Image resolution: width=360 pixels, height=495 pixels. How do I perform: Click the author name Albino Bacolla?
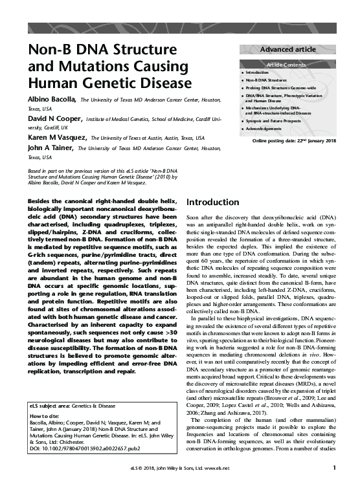[x=52, y=100]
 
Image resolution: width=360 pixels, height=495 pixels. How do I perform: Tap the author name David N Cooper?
[x=55, y=119]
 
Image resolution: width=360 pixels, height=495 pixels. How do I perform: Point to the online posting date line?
[x=294, y=140]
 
